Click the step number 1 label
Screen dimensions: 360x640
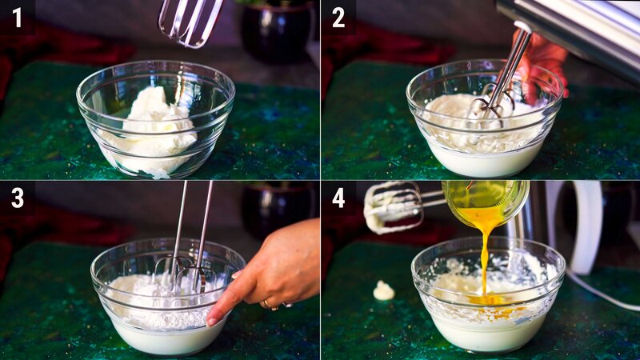[17, 17]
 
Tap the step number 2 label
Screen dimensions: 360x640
[338, 17]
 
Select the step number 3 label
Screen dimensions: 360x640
[17, 198]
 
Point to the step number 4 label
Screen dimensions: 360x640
[338, 198]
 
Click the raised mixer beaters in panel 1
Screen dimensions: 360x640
[190, 20]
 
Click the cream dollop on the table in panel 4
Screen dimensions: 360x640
[384, 290]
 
